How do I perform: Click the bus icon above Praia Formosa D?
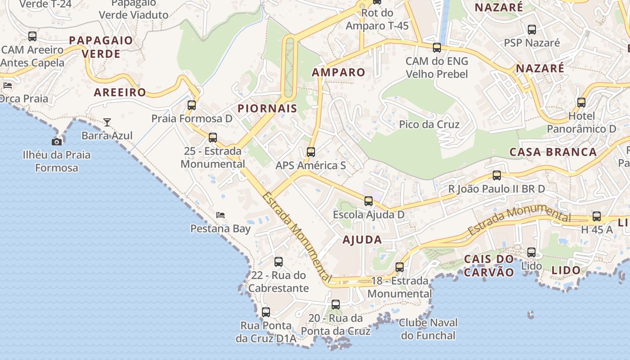tap(192, 105)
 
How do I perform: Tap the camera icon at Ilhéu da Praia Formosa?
tap(57, 142)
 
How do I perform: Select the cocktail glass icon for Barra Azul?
tap(107, 122)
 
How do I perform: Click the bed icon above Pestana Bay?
tap(220, 215)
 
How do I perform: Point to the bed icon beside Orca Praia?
tap(8, 85)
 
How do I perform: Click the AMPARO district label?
tap(338, 72)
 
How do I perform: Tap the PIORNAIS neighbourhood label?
tap(267, 108)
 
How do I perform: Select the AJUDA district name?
tap(362, 239)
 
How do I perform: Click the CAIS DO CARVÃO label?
tap(489, 265)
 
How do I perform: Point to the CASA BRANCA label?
tap(553, 152)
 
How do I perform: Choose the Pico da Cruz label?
tap(429, 124)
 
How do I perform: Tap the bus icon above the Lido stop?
tap(531, 252)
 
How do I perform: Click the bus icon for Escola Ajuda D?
tap(369, 201)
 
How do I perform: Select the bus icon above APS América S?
tap(311, 152)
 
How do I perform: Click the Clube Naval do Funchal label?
tap(428, 329)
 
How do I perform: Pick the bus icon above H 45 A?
tap(597, 216)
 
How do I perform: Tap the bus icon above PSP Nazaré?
tap(532, 30)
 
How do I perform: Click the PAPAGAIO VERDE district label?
tap(101, 47)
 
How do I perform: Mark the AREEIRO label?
tap(120, 93)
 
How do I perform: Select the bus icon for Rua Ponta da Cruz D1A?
tap(266, 312)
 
